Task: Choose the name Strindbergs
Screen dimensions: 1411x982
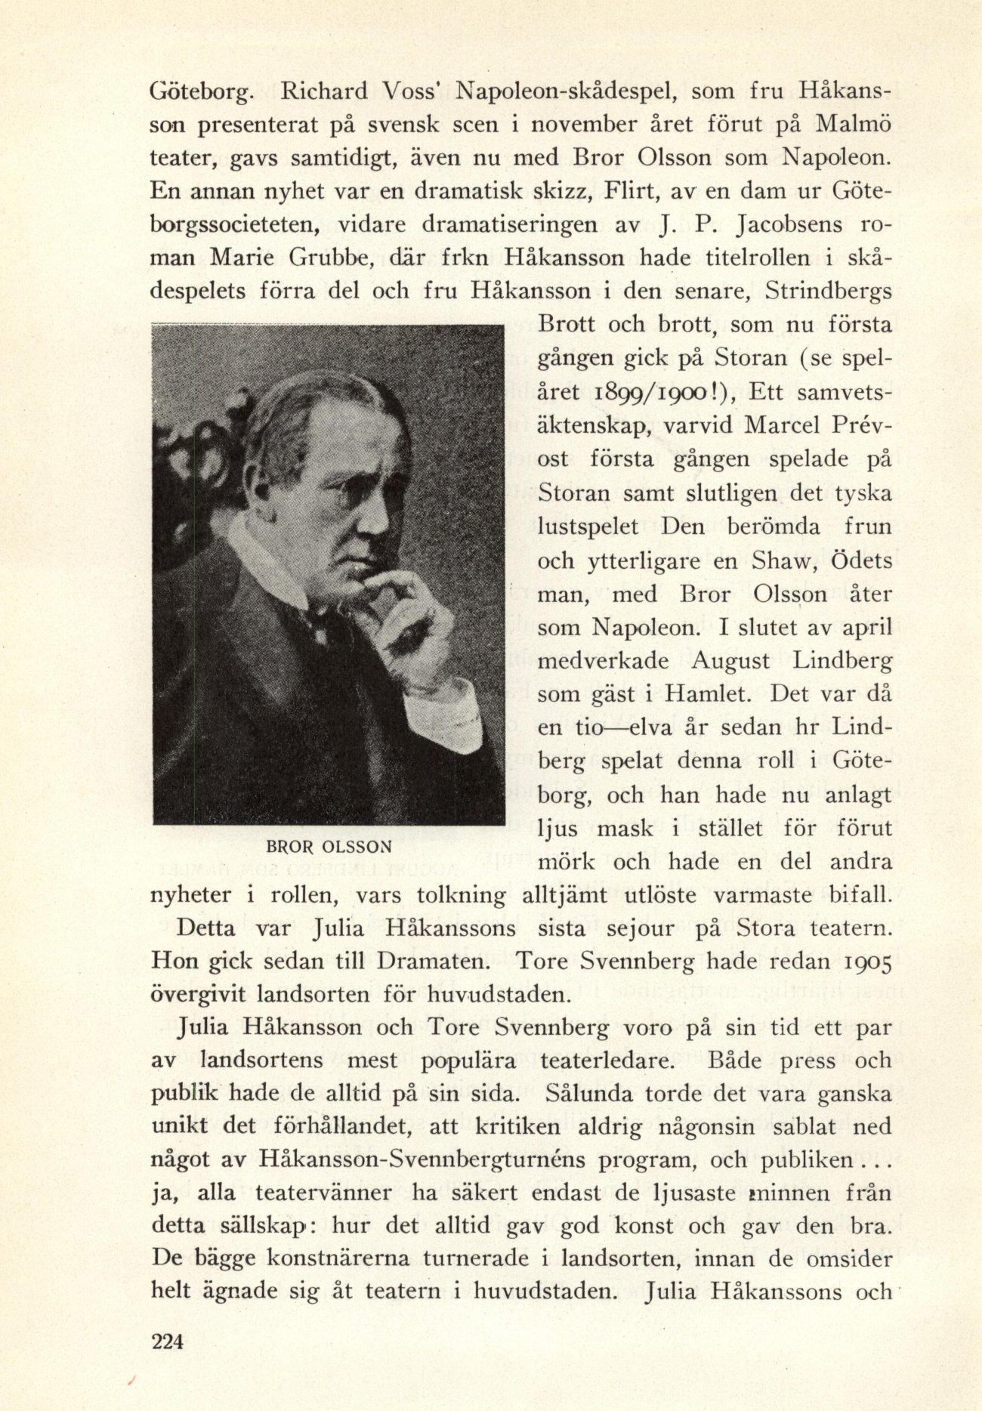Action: pyautogui.click(x=828, y=291)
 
